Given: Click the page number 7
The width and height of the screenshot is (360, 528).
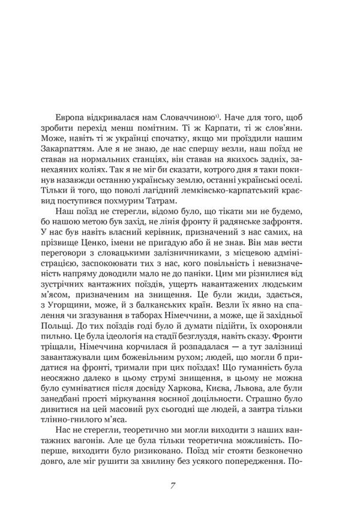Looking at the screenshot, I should click(x=172, y=485).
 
